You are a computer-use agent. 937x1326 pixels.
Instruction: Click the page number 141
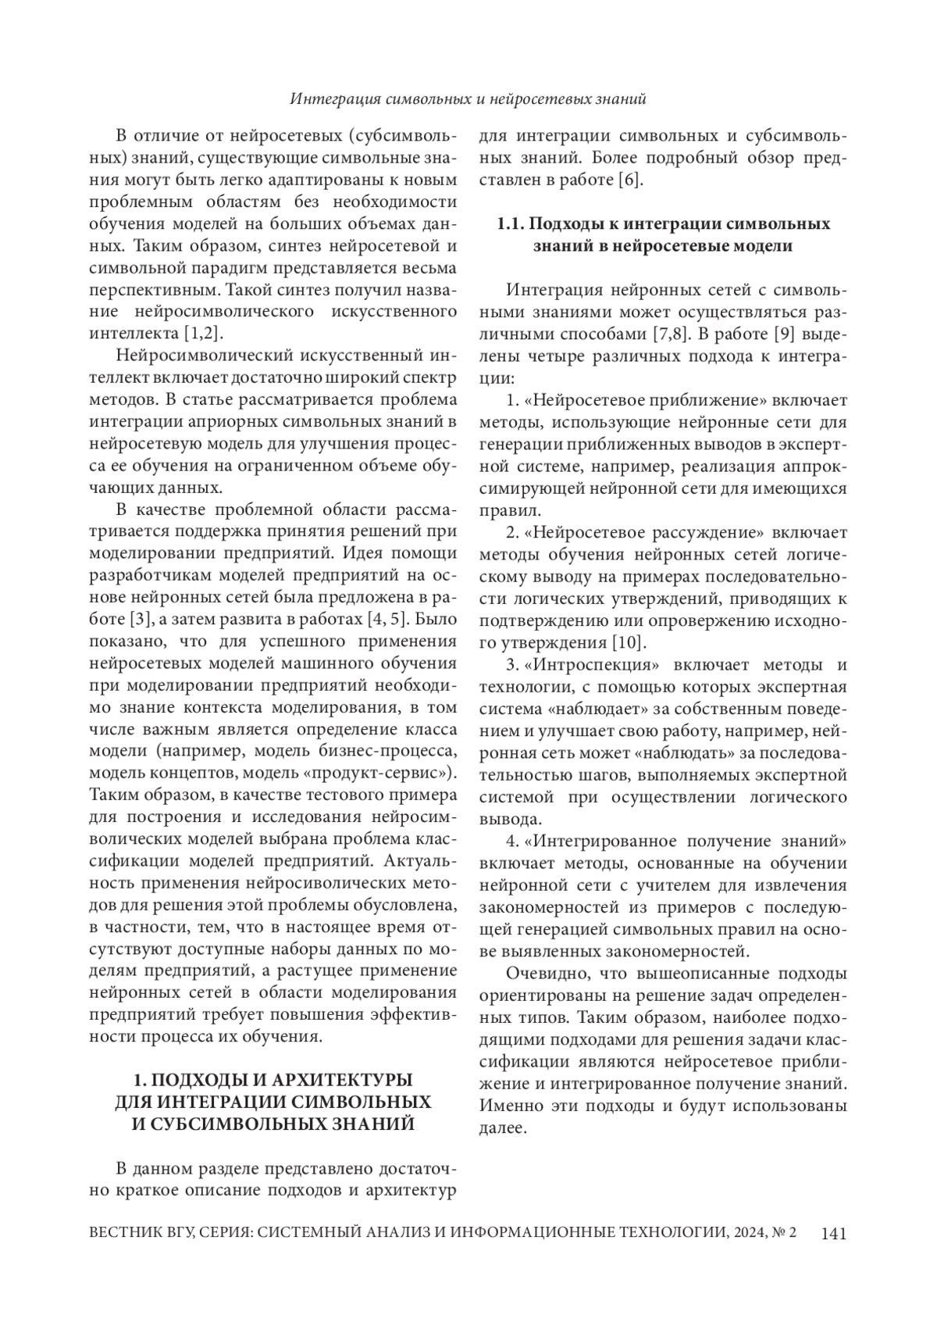833,1232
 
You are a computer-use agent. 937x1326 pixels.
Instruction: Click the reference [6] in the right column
630,180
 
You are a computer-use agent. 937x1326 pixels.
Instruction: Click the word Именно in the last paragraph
506,1106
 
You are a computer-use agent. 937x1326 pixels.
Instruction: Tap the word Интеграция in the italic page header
337,100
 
